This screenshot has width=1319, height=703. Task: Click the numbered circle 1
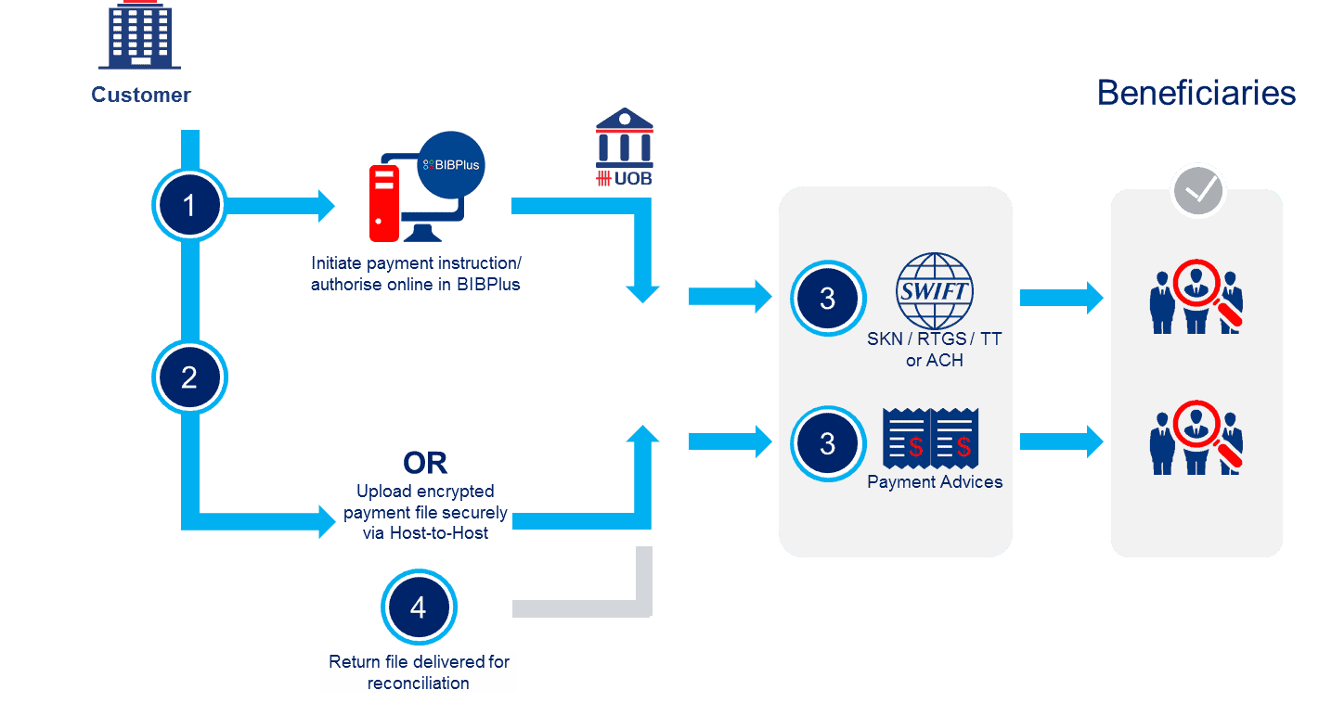189,205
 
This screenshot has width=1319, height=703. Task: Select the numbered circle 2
189,377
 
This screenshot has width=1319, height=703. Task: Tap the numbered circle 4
419,607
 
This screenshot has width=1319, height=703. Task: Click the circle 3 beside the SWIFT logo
827,299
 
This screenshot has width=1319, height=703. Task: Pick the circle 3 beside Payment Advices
827,443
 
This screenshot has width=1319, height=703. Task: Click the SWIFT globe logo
934,290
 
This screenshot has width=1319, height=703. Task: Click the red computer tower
383,202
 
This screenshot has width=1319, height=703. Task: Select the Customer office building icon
140,37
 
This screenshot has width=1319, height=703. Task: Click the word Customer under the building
141,95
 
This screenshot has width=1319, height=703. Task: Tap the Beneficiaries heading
1196,93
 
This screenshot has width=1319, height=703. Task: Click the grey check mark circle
1198,190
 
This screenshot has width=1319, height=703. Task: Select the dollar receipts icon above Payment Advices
931,440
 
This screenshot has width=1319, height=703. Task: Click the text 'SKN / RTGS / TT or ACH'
935,350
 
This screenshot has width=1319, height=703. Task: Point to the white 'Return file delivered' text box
419,672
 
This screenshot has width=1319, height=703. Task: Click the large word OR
425,463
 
